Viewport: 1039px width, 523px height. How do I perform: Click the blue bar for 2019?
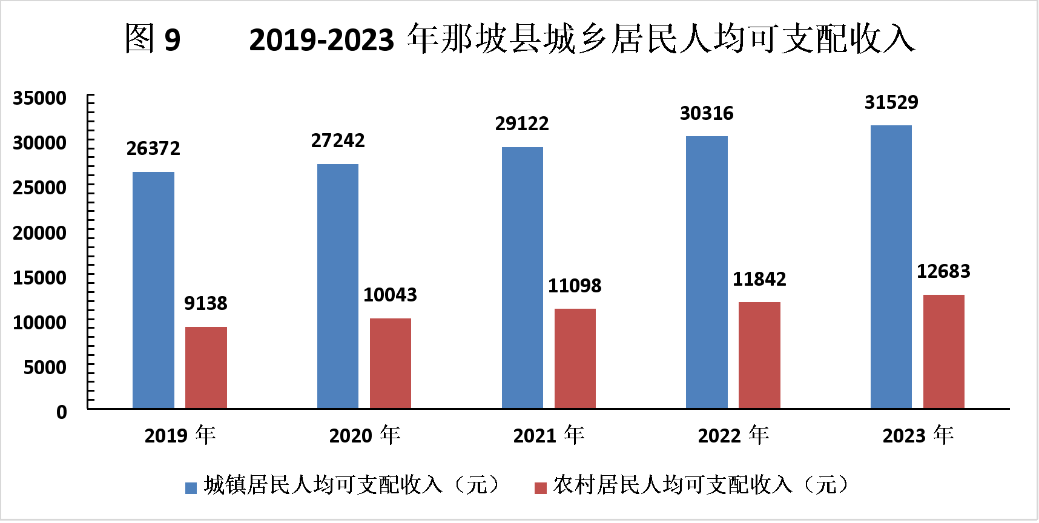[x=153, y=290]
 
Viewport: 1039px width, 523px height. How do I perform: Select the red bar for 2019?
[x=206, y=367]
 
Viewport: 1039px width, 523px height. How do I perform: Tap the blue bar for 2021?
[x=522, y=278]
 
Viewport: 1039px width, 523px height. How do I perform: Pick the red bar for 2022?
[x=759, y=355]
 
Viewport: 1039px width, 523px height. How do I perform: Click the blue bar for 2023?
[x=891, y=267]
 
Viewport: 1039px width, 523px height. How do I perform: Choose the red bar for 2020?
[x=391, y=363]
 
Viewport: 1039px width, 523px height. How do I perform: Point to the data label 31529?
[x=891, y=102]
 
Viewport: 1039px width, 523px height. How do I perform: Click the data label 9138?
[x=206, y=303]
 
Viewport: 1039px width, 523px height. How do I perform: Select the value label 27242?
[x=338, y=140]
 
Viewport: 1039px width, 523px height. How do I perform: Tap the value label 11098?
[x=575, y=286]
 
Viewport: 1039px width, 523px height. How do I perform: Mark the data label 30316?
[x=707, y=113]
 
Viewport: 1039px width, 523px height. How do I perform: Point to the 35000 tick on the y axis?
[x=40, y=98]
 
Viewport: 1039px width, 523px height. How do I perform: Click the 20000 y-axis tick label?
[x=40, y=232]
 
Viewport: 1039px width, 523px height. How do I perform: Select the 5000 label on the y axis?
[x=45, y=367]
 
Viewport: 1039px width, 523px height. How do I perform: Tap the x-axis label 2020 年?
[x=364, y=435]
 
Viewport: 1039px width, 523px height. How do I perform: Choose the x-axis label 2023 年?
[x=918, y=435]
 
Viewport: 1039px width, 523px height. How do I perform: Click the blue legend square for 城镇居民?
[x=191, y=488]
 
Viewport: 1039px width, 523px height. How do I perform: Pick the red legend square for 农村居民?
[x=541, y=488]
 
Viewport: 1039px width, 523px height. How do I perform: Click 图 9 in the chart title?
[x=153, y=39]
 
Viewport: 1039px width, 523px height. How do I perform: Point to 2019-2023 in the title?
[x=322, y=41]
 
